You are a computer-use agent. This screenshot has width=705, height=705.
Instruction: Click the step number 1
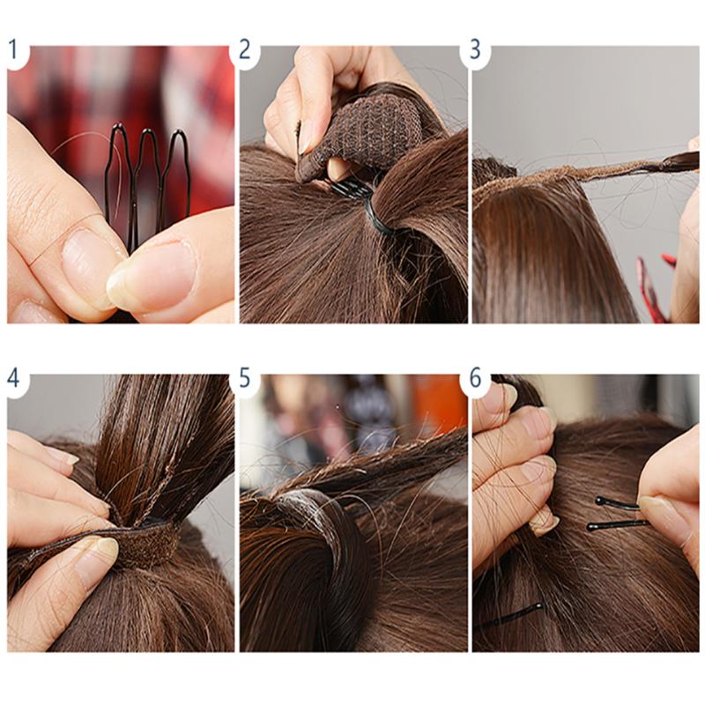13,49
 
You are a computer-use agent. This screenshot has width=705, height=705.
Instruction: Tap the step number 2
245,49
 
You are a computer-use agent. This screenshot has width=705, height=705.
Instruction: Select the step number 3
476,49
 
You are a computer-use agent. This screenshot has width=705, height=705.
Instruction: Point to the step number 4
13,378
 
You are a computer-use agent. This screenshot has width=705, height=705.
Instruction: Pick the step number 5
245,378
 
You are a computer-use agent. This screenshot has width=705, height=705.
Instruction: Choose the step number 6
476,378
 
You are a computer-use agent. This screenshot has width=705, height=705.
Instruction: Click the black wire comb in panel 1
145,176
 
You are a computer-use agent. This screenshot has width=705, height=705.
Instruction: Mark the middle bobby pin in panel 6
617,525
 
